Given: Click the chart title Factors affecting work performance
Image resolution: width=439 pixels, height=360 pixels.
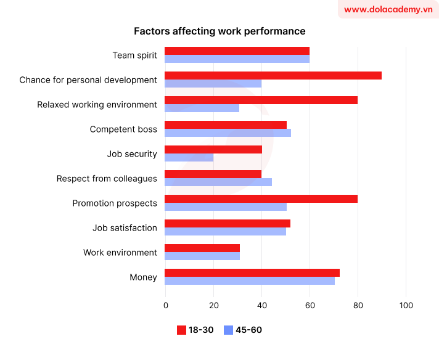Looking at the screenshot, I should click(219, 31).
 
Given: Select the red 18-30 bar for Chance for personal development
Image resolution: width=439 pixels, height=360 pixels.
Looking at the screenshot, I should click(273, 75).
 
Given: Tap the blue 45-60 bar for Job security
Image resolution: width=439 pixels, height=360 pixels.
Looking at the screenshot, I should click(189, 158).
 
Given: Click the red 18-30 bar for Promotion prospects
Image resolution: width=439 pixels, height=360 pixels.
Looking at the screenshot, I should click(261, 198).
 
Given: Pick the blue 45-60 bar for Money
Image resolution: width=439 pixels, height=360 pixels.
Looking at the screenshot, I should click(249, 281).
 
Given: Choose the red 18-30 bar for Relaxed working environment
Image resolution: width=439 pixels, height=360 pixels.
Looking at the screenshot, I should click(261, 100).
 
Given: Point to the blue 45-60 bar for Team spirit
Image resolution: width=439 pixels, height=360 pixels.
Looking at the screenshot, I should click(237, 59).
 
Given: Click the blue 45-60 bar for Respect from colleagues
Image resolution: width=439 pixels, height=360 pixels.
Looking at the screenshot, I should click(218, 182).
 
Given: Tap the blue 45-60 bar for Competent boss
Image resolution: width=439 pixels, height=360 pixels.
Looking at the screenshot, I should click(228, 133).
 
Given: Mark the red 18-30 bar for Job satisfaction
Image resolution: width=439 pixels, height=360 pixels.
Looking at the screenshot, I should click(227, 223).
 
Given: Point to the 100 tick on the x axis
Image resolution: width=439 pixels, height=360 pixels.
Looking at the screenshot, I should click(406, 305).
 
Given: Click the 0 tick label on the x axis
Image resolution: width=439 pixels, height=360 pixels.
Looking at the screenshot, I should click(165, 305).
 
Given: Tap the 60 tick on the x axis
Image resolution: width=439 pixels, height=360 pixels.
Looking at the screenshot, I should click(310, 305).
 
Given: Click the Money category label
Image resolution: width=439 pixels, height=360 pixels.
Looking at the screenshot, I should click(143, 277).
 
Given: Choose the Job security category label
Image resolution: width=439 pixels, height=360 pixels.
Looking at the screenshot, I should click(132, 154).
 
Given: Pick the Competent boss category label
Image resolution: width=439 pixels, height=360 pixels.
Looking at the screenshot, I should click(123, 129).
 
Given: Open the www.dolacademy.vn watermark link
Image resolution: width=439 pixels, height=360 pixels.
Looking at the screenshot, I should click(388, 10).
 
